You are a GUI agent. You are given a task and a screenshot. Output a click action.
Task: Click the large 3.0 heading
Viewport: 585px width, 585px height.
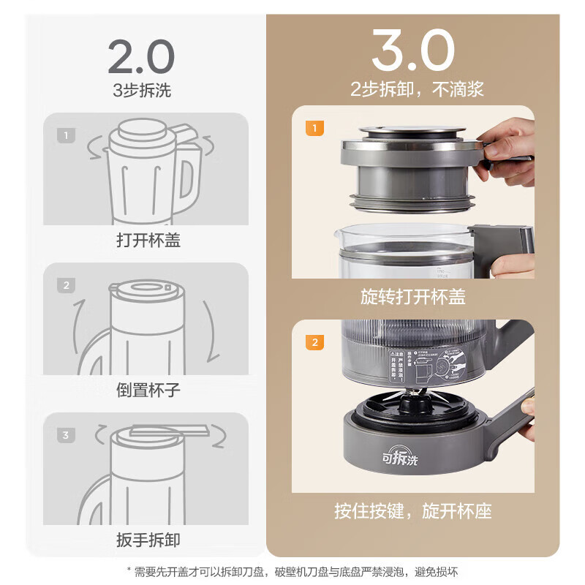point(412,51)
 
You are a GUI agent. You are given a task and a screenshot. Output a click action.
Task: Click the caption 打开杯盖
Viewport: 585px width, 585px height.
point(148,240)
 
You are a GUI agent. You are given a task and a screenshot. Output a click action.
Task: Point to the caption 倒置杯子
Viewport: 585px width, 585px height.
point(148,390)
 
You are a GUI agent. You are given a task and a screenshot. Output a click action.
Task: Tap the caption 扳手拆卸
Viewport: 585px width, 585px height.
point(148,540)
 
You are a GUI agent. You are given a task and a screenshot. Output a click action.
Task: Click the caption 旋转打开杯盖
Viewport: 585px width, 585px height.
point(412,297)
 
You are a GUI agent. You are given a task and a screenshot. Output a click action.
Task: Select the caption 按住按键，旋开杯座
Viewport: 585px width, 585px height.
point(412,510)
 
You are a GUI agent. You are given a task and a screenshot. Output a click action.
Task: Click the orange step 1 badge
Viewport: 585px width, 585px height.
point(314,129)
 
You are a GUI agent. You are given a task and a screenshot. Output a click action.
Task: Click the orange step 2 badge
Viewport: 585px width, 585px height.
point(314,342)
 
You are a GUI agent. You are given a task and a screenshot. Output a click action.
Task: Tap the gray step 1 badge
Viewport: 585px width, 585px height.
point(66,135)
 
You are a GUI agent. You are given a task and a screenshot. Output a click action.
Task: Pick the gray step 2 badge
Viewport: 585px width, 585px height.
point(66,285)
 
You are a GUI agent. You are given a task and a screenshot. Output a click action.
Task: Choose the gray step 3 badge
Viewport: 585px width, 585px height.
point(66,435)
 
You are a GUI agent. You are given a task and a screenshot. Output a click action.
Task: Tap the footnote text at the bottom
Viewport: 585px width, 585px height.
point(292,571)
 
